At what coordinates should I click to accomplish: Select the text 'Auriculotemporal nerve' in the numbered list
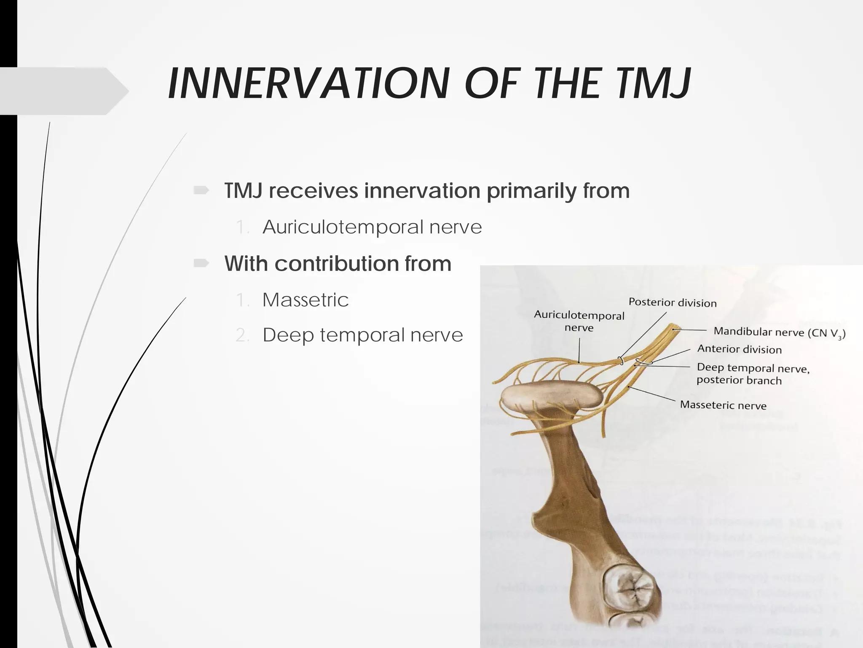tap(372, 227)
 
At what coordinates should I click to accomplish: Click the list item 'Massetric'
tap(306, 300)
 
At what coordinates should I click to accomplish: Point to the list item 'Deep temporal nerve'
tap(362, 335)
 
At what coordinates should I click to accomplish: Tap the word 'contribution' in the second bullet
tap(337, 264)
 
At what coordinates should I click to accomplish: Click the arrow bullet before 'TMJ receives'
tap(201, 191)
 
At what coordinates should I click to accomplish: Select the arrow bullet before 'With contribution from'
tap(201, 264)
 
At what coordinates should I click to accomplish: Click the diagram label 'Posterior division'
tap(672, 302)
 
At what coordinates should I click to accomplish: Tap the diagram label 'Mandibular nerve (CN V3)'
tap(779, 332)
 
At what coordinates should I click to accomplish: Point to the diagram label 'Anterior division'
tap(739, 349)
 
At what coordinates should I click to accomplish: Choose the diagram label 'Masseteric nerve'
tap(723, 405)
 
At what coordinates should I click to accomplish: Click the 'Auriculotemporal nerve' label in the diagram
tap(579, 321)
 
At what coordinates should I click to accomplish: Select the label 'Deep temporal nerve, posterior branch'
tap(753, 374)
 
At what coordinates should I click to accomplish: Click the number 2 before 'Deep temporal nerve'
tap(242, 335)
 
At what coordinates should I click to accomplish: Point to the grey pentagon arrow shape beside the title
tap(63, 91)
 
